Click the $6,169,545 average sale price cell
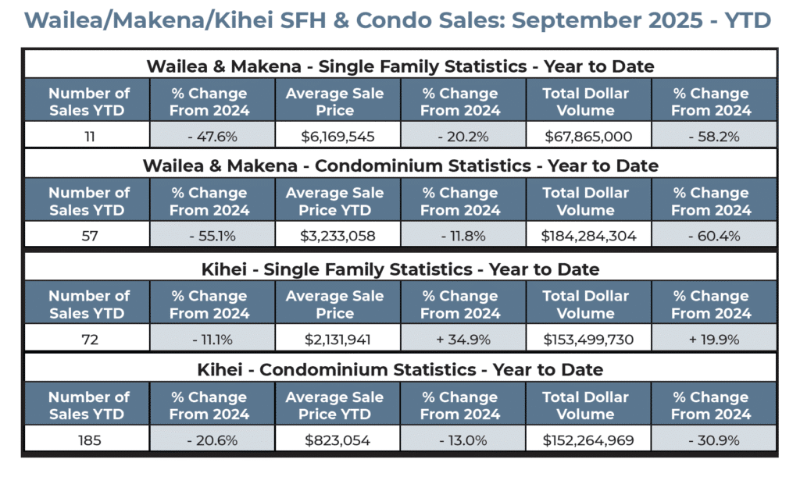(x=337, y=137)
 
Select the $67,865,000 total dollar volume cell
(x=588, y=137)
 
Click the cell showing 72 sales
(x=88, y=340)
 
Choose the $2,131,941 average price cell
(x=337, y=340)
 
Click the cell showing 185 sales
(x=88, y=440)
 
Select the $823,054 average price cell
(x=337, y=440)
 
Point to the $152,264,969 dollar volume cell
(x=588, y=440)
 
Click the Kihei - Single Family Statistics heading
(x=400, y=269)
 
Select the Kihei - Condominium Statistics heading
(x=400, y=369)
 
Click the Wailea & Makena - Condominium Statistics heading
(x=400, y=166)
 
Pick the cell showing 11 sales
(x=88, y=137)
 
